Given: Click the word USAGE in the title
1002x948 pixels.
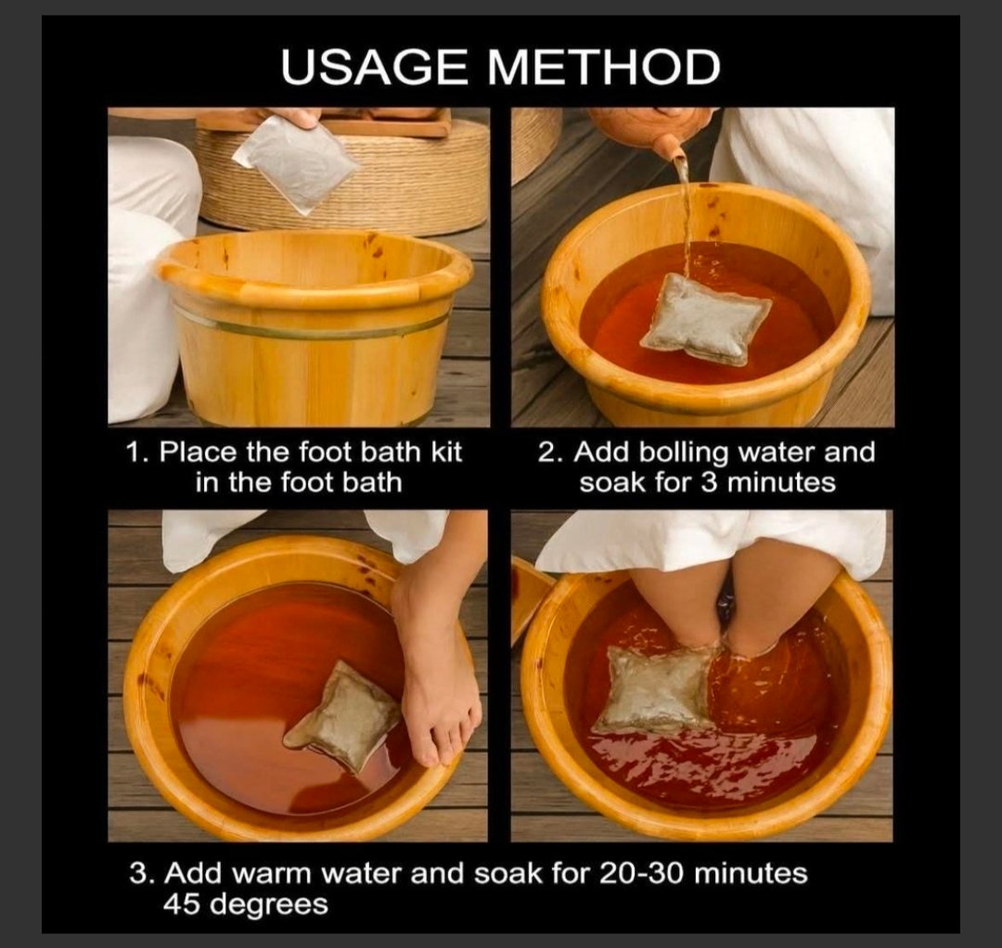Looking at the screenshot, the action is [375, 67].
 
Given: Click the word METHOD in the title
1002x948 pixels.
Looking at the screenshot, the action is [604, 67].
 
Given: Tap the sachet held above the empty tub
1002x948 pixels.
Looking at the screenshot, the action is [296, 163].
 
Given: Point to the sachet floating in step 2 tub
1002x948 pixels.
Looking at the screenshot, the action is [706, 319].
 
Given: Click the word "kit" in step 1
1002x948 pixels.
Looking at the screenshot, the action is [446, 452].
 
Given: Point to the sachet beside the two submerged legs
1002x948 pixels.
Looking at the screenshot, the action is [657, 688].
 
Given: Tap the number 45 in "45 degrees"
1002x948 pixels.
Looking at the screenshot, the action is [182, 903].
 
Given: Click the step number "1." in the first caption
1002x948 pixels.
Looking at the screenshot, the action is [137, 453].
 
